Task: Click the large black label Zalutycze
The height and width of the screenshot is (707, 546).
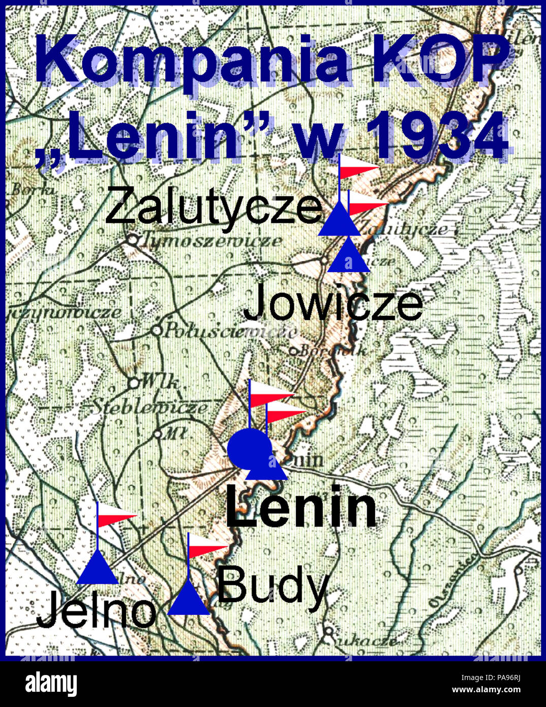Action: (x=214, y=206)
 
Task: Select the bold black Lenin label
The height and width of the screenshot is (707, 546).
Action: (x=301, y=507)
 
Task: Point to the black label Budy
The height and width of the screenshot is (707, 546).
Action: (x=273, y=586)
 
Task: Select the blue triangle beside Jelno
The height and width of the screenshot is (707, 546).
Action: (x=98, y=569)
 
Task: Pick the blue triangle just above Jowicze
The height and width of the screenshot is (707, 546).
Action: (x=348, y=257)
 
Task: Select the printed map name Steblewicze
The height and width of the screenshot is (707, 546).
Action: (x=149, y=407)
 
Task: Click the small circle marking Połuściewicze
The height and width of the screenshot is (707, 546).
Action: (x=157, y=331)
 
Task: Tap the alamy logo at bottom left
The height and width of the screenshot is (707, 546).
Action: (x=51, y=684)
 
